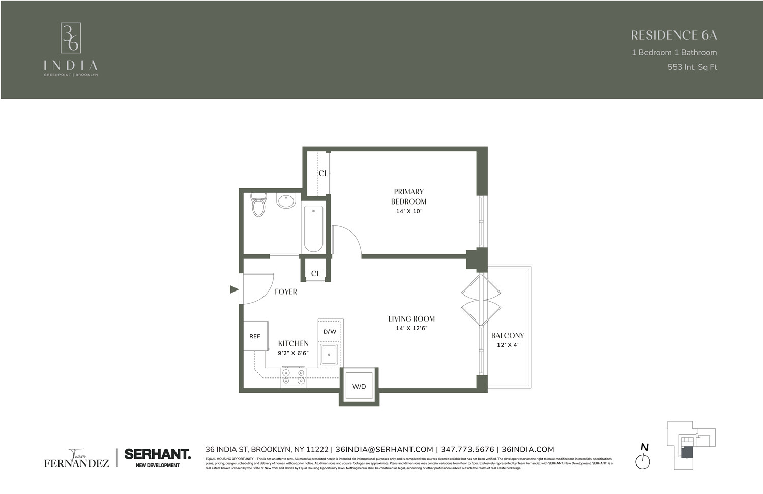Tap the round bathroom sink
pyautogui.click(x=286, y=200)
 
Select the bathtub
pyautogui.click(x=313, y=228)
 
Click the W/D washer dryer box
pyautogui.click(x=359, y=387)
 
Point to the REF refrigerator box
pyautogui.click(x=255, y=336)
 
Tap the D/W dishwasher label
pyautogui.click(x=330, y=332)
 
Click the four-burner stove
pyautogui.click(x=294, y=376)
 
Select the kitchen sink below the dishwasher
pyautogui.click(x=329, y=354)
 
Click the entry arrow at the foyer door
pyautogui.click(x=234, y=289)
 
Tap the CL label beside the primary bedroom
pyautogui.click(x=323, y=173)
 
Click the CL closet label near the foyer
pyautogui.click(x=315, y=274)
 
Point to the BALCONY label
pyautogui.click(x=508, y=336)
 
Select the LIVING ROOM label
pyautogui.click(x=412, y=319)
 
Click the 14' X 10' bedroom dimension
pyautogui.click(x=409, y=211)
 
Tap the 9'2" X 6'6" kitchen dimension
pyautogui.click(x=294, y=353)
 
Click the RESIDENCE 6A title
pyautogui.click(x=673, y=35)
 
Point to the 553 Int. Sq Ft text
pyautogui.click(x=692, y=67)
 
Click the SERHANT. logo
pyautogui.click(x=158, y=454)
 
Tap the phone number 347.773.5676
pyautogui.click(x=467, y=449)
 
